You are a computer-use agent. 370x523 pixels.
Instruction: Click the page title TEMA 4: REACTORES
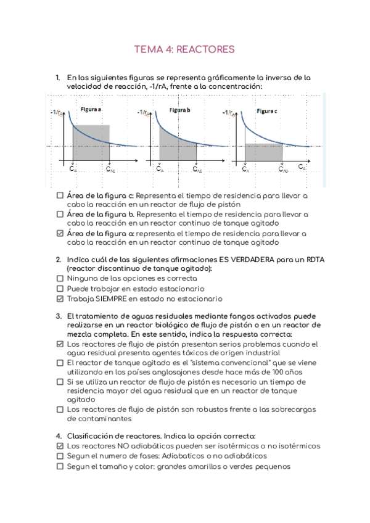[x=184, y=49]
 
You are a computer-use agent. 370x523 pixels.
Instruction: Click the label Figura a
[x=91, y=109]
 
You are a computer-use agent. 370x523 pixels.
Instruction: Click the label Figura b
[x=180, y=110]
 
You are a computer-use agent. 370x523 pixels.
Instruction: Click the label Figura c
[x=267, y=111]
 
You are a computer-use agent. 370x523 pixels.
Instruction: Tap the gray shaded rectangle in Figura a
[x=91, y=142]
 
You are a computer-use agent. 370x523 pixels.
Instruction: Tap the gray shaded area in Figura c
[x=264, y=153]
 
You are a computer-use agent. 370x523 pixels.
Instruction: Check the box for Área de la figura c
[x=60, y=195]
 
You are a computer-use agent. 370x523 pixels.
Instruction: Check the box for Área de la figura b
[x=60, y=214]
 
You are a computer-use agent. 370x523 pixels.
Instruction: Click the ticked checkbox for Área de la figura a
[x=60, y=234]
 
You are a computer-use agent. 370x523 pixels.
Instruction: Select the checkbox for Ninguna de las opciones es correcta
[x=60, y=279]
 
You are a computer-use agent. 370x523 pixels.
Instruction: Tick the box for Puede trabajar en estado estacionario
[x=60, y=289]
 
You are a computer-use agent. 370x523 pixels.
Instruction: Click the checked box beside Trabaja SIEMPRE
[x=60, y=299]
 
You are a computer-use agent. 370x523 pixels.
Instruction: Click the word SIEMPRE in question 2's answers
[x=113, y=299]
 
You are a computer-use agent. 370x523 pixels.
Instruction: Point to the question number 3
[x=58, y=316]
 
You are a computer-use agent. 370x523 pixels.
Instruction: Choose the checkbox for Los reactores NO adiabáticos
[x=60, y=446]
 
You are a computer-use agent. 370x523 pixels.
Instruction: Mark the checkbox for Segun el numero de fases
[x=60, y=456]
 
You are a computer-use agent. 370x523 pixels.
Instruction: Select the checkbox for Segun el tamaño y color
[x=60, y=466]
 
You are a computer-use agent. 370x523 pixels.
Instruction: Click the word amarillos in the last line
[x=208, y=466]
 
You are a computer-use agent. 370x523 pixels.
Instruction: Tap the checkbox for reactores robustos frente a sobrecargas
[x=60, y=409]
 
